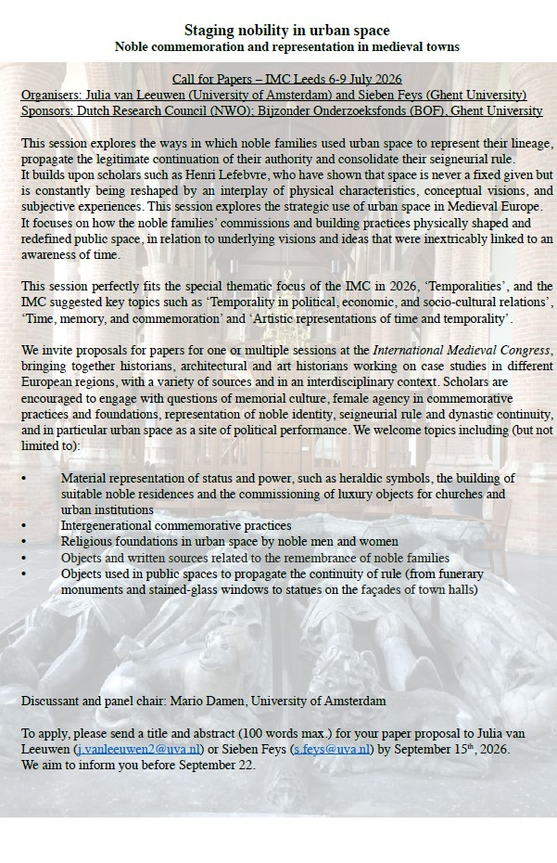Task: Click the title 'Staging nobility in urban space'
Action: click(286, 31)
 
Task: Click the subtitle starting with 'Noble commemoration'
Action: click(286, 46)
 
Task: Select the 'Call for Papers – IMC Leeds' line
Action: click(287, 79)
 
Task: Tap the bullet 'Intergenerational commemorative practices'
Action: click(176, 525)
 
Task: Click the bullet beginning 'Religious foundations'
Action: click(230, 541)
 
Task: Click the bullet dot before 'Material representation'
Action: click(24, 478)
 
